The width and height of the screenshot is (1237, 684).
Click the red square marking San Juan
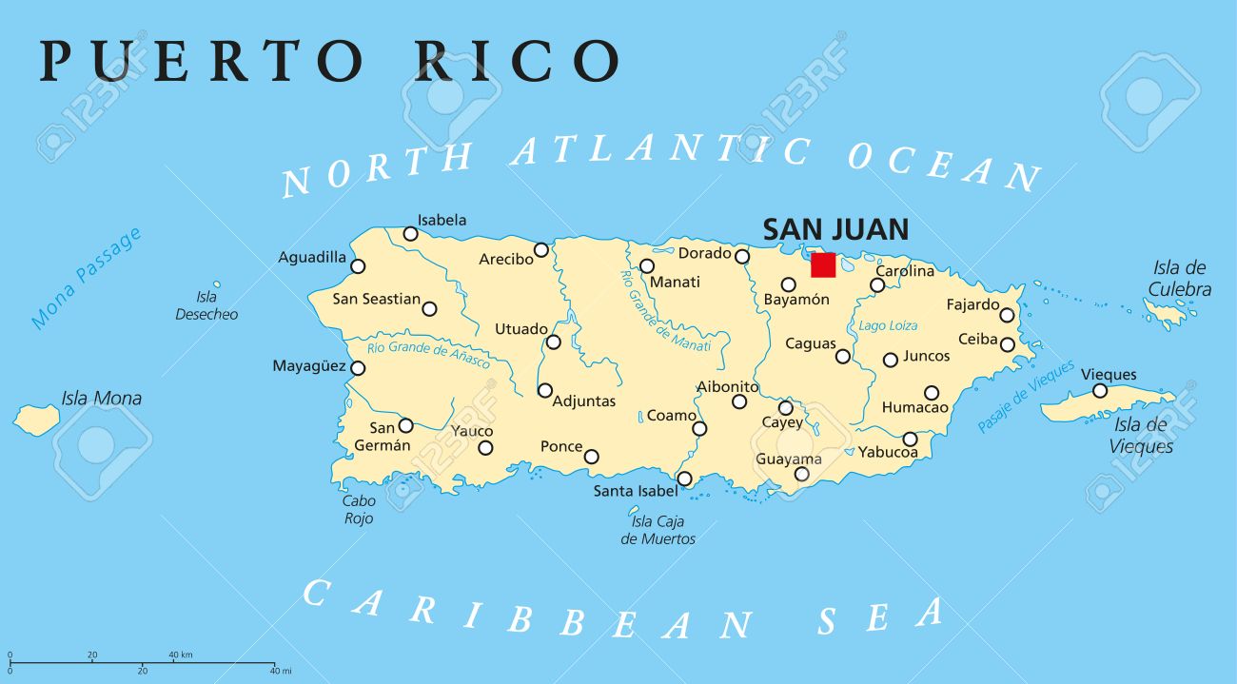[823, 264]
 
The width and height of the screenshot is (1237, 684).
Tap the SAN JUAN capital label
[835, 229]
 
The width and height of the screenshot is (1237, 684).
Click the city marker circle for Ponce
[591, 457]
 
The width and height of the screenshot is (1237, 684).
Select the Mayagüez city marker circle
[358, 368]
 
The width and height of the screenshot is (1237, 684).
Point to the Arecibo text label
[505, 259]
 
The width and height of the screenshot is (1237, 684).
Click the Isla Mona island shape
[37, 418]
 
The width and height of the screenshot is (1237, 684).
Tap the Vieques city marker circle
[1099, 391]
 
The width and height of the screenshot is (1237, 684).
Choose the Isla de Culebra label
[1179, 279]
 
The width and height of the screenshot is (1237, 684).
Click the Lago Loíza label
[888, 325]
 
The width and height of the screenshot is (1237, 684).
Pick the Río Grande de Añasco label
[428, 353]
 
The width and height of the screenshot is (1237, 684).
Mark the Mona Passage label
[86, 278]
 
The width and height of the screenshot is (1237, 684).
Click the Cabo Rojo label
[359, 509]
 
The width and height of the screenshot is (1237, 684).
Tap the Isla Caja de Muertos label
[658, 530]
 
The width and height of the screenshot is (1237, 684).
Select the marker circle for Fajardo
[1006, 315]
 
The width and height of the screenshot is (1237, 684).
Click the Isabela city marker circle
[410, 233]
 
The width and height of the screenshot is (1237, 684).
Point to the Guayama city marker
[801, 474]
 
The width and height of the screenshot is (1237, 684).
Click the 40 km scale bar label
[181, 655]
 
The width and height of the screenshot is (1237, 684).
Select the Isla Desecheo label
[206, 305]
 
